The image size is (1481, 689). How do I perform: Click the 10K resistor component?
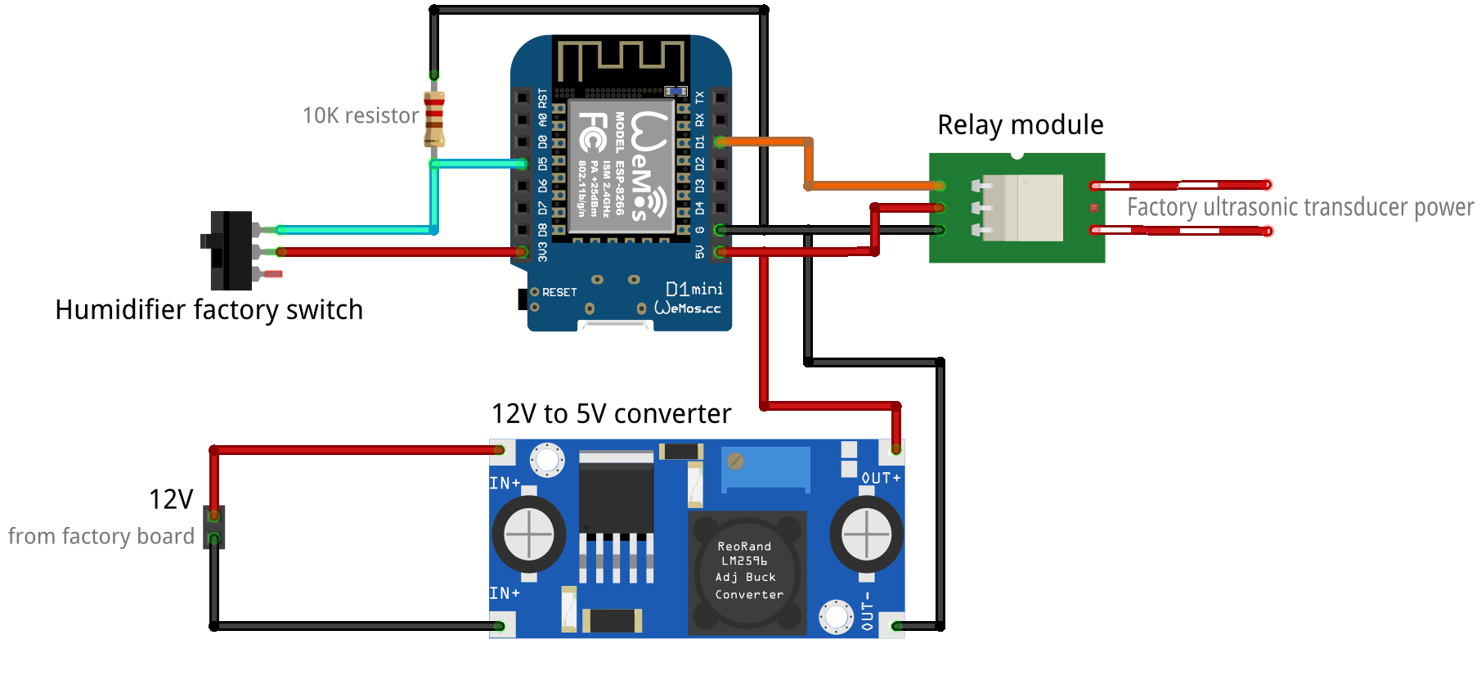coord(434,119)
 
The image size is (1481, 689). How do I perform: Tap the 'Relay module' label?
coord(1020,125)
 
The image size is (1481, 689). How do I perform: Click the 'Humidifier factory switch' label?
coord(209,310)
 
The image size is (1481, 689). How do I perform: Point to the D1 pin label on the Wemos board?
coord(700,142)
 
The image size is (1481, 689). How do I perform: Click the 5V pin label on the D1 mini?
coord(700,252)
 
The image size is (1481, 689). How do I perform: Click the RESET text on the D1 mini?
coord(559,292)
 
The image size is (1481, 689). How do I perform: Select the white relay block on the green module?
coord(1022,208)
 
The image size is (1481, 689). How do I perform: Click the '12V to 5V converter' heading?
coord(611,414)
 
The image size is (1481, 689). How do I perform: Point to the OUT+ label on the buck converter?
coord(881,478)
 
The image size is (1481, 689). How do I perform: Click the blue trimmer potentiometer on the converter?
coord(766,469)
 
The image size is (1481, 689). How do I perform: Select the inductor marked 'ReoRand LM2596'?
coord(747,572)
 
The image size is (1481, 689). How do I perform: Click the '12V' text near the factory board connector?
coord(171,499)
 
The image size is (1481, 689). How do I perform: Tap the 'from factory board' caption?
coord(101,537)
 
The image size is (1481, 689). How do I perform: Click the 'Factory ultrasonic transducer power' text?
coord(1299,207)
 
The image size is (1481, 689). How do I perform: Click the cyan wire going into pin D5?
coord(478,164)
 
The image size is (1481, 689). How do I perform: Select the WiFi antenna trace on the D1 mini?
coord(621,58)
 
